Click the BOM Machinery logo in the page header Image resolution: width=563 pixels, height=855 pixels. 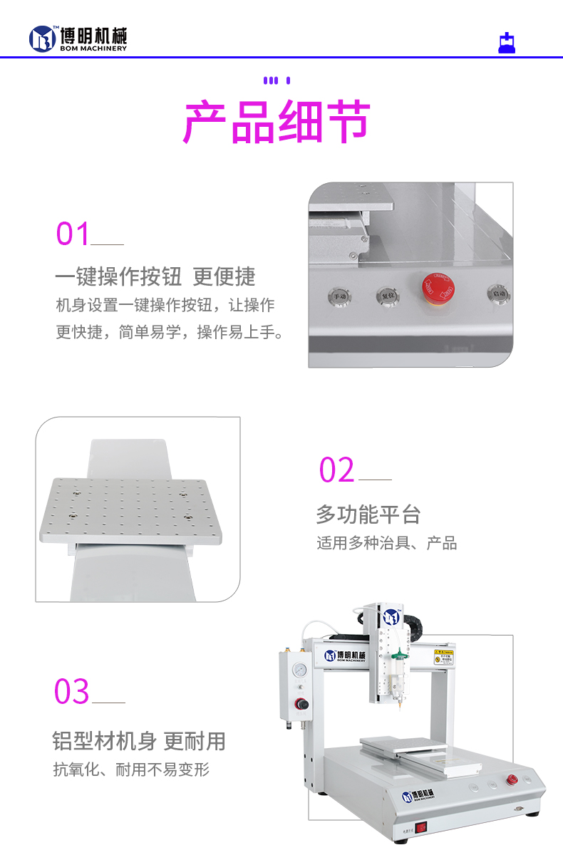(x=78, y=38)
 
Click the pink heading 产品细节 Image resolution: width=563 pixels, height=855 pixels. (x=277, y=123)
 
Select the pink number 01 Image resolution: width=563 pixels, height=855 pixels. (x=73, y=234)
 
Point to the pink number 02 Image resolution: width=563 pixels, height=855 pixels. (x=336, y=470)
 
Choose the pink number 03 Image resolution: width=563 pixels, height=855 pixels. (x=72, y=692)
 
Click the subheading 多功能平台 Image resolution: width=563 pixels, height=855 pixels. (x=368, y=514)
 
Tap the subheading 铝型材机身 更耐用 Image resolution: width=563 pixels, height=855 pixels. (x=139, y=741)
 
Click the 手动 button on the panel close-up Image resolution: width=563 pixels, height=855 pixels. (x=338, y=294)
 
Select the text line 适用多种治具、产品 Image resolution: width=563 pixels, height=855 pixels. (x=386, y=544)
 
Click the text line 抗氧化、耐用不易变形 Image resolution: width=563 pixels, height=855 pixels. (x=131, y=769)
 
